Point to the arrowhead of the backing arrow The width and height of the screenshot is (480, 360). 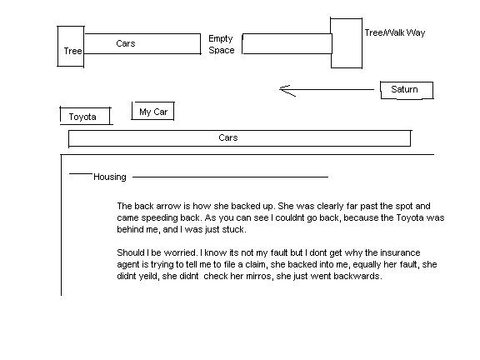tap(280, 89)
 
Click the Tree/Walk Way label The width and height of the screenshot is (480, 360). tap(395, 32)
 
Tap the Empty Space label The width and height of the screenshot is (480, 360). tap(222, 44)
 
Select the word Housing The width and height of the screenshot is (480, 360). tap(110, 177)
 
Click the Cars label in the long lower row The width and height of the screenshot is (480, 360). tap(228, 137)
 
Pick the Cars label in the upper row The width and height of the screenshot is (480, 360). tap(126, 43)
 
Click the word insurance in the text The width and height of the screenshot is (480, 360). tap(400, 252)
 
